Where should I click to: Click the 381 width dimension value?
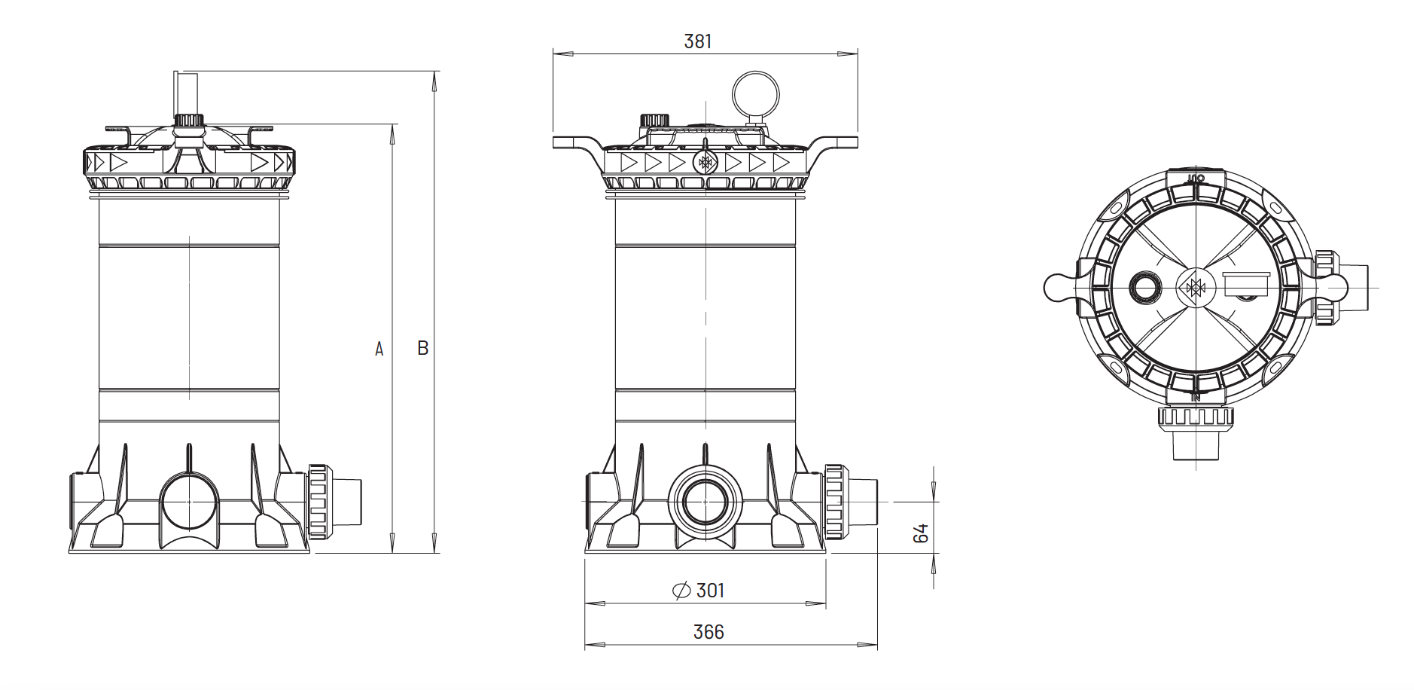[697, 41]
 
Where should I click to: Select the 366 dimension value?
[708, 632]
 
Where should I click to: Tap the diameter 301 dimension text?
[698, 591]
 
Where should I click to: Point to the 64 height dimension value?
[920, 533]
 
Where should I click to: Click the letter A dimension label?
[379, 349]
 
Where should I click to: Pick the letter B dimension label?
[423, 348]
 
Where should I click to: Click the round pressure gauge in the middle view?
[756, 95]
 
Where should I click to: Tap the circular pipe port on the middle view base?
[705, 501]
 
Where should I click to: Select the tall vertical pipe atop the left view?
[185, 94]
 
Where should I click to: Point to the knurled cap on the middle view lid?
[654, 121]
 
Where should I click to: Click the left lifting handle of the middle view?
[574, 142]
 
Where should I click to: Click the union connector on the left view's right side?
[318, 502]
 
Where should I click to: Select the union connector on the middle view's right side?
[834, 502]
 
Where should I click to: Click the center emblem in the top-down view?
[1196, 288]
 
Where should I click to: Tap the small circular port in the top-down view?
[1145, 288]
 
